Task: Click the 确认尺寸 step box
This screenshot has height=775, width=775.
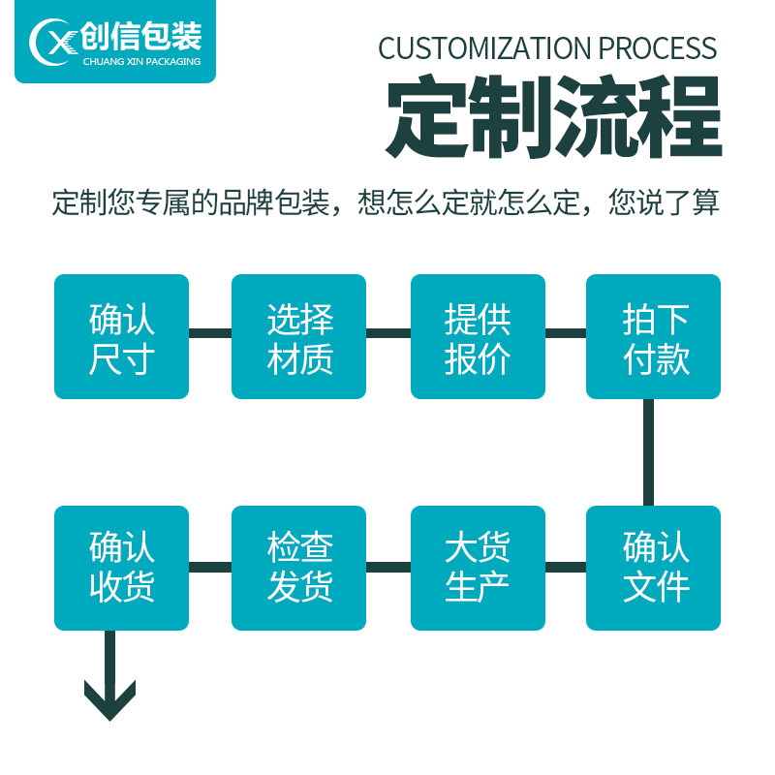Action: [x=122, y=336]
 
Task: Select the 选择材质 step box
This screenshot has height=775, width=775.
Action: [x=298, y=336]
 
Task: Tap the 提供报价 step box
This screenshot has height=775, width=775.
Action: [x=478, y=336]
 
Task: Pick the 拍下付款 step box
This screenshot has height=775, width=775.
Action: [x=653, y=336]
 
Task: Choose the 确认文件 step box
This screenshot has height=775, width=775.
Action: [x=653, y=568]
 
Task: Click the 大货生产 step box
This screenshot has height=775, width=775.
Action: [x=478, y=568]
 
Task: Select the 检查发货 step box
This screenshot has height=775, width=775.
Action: [x=298, y=568]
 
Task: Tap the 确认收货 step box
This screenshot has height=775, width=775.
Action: [x=122, y=568]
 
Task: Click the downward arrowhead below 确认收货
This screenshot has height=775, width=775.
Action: [x=109, y=700]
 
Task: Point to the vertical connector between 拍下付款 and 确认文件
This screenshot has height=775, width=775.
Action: [x=648, y=452]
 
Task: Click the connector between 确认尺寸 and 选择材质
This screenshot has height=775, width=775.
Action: [x=210, y=333]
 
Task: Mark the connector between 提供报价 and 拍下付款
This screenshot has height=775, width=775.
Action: [x=566, y=333]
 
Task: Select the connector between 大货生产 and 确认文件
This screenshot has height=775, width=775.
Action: [x=566, y=567]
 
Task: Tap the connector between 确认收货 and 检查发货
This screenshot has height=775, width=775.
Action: [x=210, y=567]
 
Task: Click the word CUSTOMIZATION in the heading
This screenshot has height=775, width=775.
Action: [x=484, y=48]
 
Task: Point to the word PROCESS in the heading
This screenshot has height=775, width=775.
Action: [x=658, y=48]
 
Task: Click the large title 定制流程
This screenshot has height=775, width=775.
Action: [x=553, y=116]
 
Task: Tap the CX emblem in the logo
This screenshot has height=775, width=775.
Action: [x=53, y=42]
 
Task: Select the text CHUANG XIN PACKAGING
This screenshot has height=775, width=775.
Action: [x=141, y=62]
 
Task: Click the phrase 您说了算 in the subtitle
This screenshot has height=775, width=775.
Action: [x=664, y=202]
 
